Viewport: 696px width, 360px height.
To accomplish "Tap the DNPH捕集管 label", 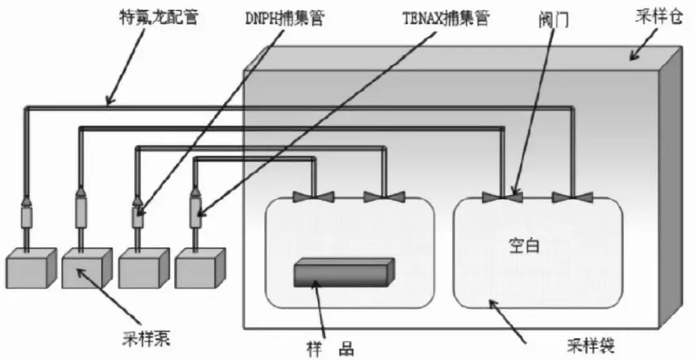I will (x=283, y=17).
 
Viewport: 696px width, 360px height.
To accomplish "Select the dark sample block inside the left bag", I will (x=343, y=272).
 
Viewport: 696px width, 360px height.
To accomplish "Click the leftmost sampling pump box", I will (x=29, y=267).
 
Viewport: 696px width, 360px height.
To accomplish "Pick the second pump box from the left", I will (x=86, y=267).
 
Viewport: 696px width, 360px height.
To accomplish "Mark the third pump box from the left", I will (x=142, y=267).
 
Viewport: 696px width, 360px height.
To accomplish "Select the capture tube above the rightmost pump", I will (x=195, y=214).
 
